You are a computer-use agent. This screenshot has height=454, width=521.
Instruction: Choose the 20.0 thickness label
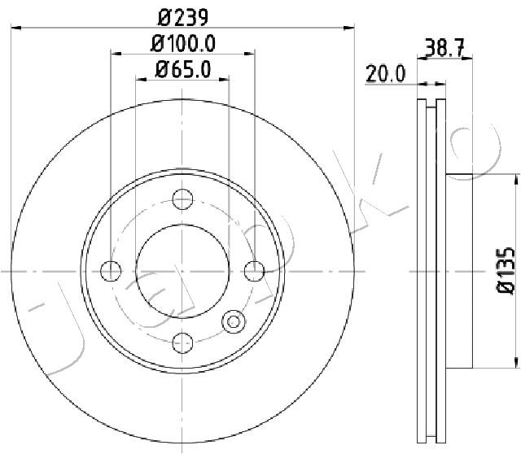pos(385,74)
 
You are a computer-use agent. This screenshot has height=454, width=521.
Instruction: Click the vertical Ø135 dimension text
pos(506,269)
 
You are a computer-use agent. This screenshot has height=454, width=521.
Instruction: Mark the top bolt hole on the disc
pos(183,199)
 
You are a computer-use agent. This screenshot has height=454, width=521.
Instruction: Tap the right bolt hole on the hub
pos(255,270)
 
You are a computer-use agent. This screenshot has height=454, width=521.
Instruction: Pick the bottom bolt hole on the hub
pos(183,342)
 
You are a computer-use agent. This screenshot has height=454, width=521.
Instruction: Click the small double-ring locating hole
pos(234,321)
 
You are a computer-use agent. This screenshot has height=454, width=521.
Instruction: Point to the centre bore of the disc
pos(183,270)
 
